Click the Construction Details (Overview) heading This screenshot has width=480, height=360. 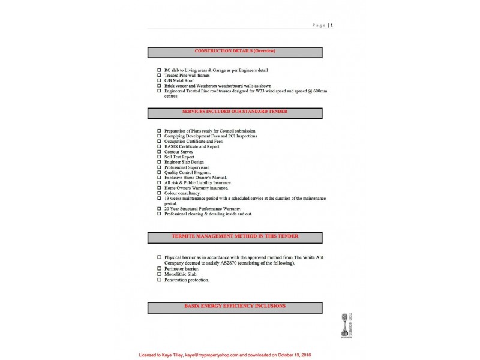(235, 51)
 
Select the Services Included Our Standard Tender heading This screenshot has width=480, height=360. (235, 112)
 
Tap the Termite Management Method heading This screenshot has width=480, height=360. (235, 236)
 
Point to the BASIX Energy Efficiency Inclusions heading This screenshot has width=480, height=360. (235, 307)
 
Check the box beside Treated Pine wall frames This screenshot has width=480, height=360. (159, 75)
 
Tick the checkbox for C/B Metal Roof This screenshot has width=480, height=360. (159, 80)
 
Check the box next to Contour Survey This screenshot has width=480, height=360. (159, 152)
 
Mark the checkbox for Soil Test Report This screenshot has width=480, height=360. (159, 157)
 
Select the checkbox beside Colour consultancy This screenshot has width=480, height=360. (159, 193)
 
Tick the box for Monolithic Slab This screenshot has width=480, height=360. (159, 274)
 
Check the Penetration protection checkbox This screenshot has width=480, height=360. (159, 280)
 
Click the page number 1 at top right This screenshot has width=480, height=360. (332, 25)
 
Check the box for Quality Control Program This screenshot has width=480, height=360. (159, 173)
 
